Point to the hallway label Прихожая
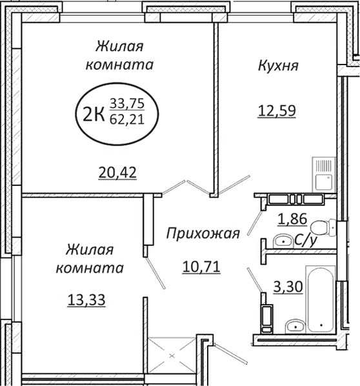[202, 234]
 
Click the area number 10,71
[200, 264]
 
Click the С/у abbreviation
[305, 241]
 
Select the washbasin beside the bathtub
[294, 325]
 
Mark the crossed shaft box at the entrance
[171, 355]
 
